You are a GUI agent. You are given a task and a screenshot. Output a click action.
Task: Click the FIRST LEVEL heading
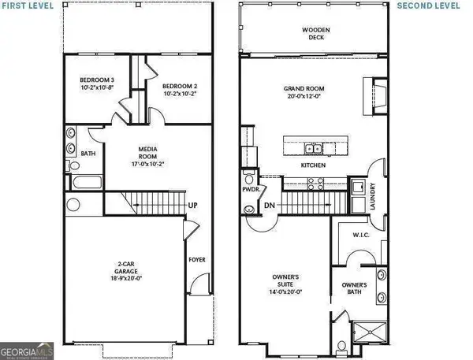[28, 6]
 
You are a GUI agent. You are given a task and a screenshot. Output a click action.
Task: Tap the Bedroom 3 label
[98, 84]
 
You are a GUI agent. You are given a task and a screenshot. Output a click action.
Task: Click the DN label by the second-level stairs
[268, 206]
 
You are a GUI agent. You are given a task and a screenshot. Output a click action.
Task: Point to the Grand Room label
[315, 92]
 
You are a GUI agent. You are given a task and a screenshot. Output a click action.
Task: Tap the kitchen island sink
[314, 148]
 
